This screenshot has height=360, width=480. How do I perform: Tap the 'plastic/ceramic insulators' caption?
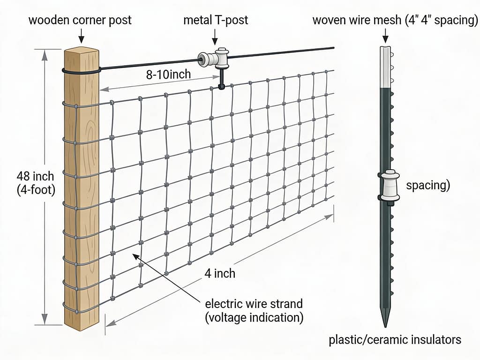point(395,339)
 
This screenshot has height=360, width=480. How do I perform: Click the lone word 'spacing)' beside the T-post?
point(428,186)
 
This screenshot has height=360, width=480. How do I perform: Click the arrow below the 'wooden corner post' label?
point(81,36)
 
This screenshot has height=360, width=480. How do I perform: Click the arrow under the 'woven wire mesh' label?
point(385,36)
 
